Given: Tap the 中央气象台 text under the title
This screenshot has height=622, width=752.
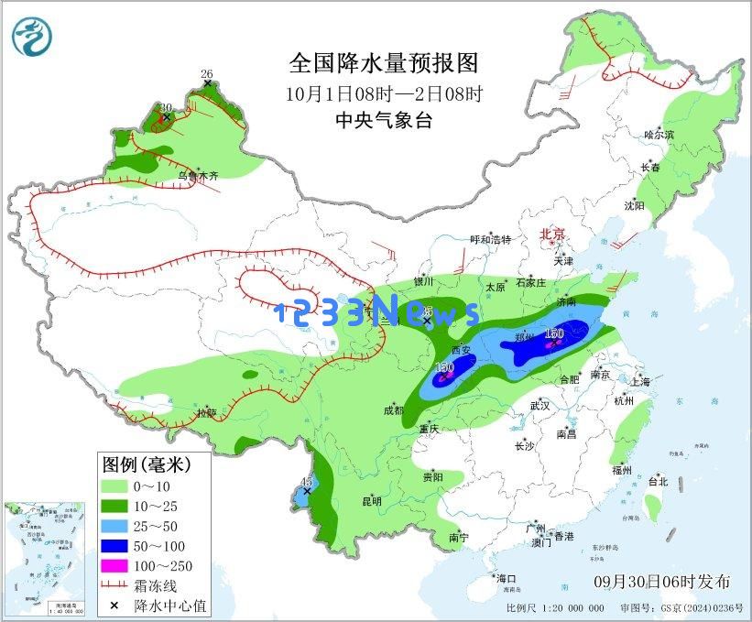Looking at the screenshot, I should coord(383,120).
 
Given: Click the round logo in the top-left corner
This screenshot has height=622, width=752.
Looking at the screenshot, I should coord(32,36).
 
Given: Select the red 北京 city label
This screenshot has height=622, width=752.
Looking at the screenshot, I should coord(553,235).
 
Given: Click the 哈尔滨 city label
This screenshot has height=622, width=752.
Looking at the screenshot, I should coord(658,134).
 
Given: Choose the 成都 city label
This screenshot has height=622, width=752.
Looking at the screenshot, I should coord(394,411).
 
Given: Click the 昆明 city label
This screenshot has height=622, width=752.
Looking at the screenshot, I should coord(372,501).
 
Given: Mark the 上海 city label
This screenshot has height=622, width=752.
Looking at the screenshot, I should coord(640,381).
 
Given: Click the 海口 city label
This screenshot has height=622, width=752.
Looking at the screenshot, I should coord(507,578).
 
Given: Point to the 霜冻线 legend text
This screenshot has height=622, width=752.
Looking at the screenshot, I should coord(156,586).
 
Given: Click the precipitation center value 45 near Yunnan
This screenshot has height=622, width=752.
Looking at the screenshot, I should coord(307,482).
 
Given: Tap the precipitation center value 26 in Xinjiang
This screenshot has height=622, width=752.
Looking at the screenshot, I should coord(206,74).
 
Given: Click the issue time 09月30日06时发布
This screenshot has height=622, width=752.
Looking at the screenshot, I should coord(661,582).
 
